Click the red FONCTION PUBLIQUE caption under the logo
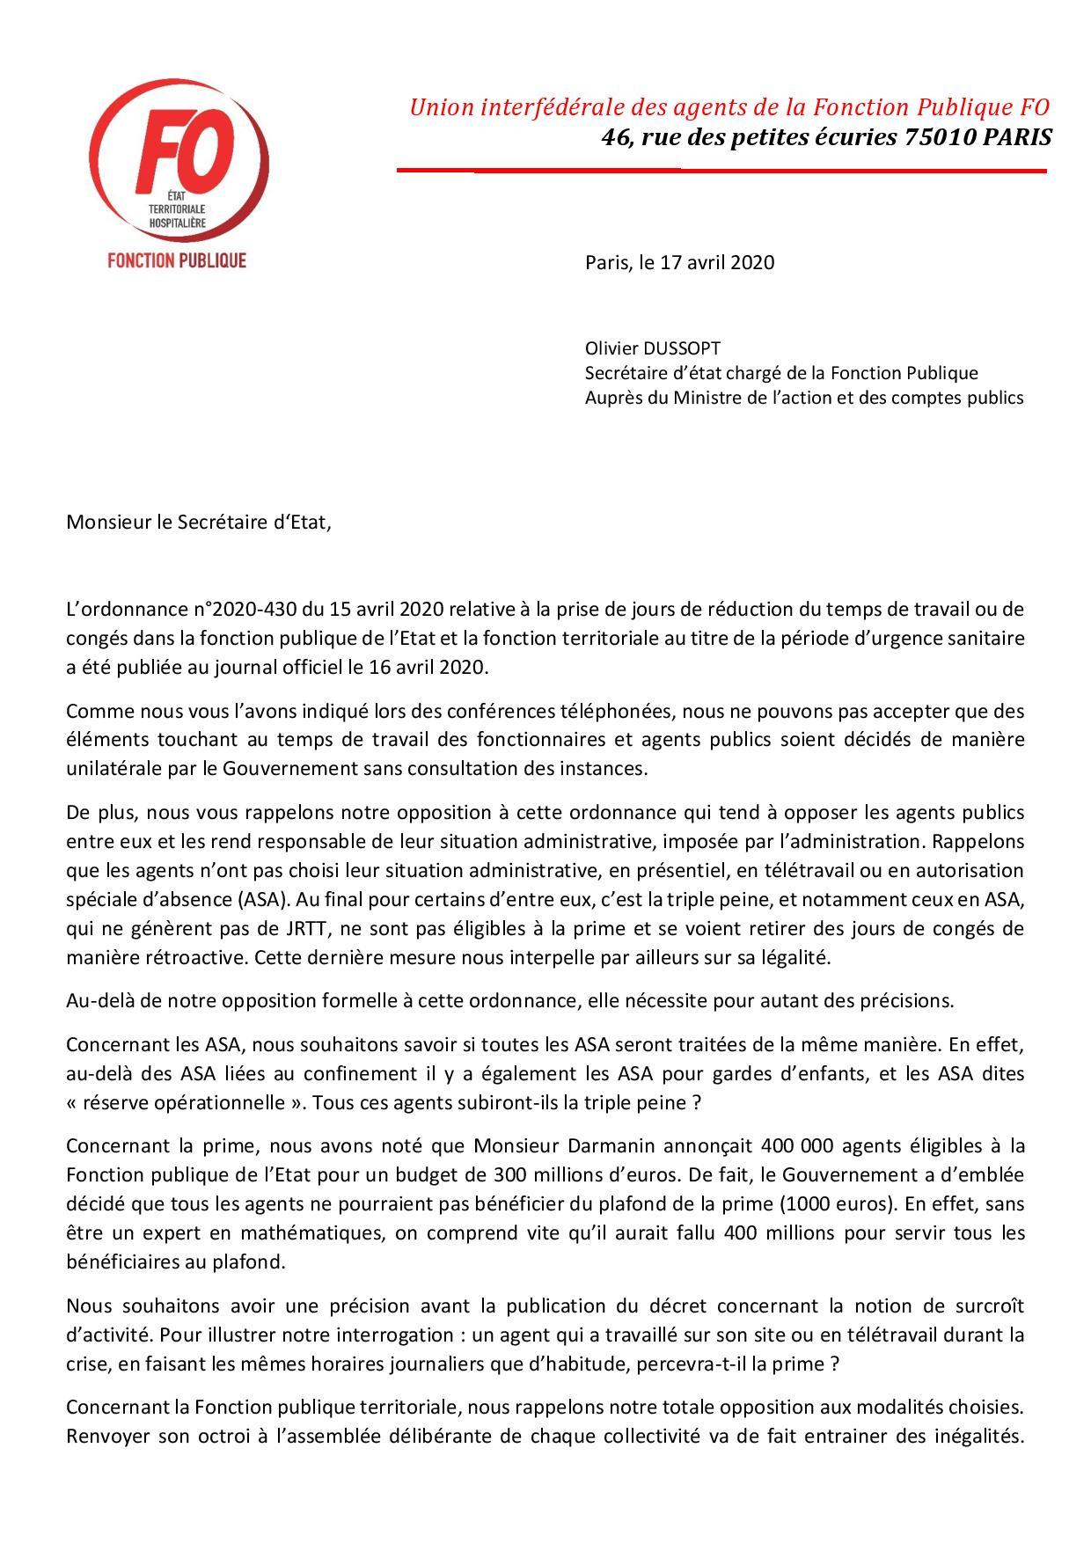pyautogui.click(x=176, y=260)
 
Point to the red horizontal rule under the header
pyautogui.click(x=721, y=170)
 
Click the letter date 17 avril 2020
pyautogui.click(x=717, y=262)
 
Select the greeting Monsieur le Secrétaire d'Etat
pyautogui.click(x=200, y=522)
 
